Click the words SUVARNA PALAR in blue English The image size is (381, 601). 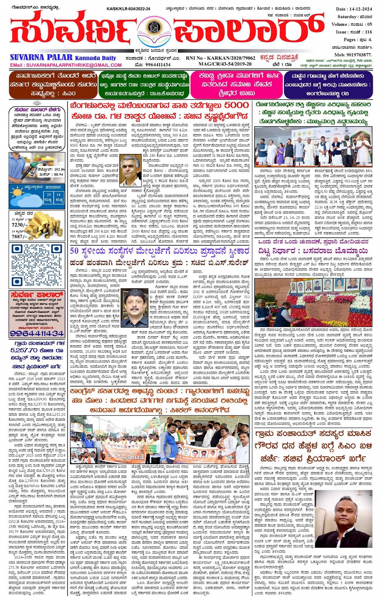tap(41, 58)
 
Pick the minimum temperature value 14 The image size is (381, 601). tap(59, 195)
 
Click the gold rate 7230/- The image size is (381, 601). tap(20, 225)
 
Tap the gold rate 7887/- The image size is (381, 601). tap(20, 237)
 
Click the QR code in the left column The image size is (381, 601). tap(37, 264)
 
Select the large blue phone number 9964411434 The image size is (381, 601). tap(37, 334)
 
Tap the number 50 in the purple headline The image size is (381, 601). tap(74, 251)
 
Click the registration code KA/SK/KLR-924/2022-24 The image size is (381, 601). tap(128, 8)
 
